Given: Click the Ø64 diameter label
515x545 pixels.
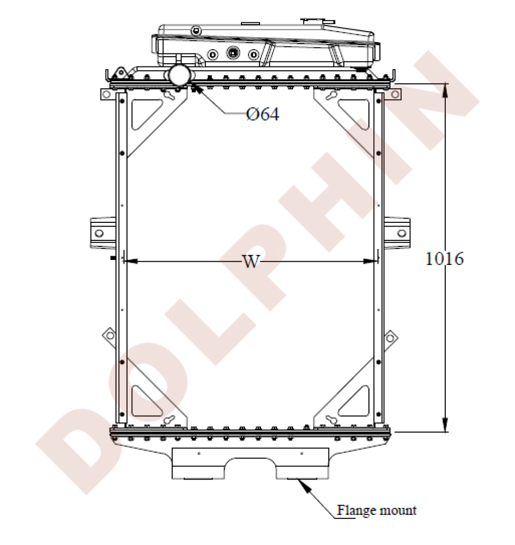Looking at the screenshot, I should click(262, 115).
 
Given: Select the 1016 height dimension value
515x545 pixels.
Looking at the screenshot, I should click(444, 259).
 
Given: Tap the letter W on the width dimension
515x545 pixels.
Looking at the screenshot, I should click(251, 262).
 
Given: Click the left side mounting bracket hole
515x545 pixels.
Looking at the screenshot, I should click(99, 233).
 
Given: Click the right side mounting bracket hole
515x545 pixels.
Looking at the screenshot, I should click(402, 233).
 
